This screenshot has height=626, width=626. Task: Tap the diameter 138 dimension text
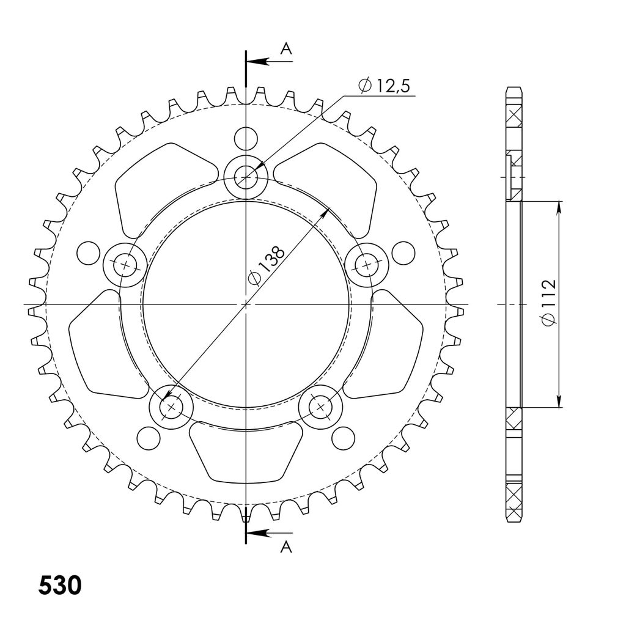267,265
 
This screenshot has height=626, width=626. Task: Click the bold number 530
60,586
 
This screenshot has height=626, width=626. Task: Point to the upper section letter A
286,49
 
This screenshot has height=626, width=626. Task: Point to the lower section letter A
286,547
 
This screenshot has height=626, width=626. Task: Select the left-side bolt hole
125,265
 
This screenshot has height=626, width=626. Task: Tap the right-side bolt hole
367,264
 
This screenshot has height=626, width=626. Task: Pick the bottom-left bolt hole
171,407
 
